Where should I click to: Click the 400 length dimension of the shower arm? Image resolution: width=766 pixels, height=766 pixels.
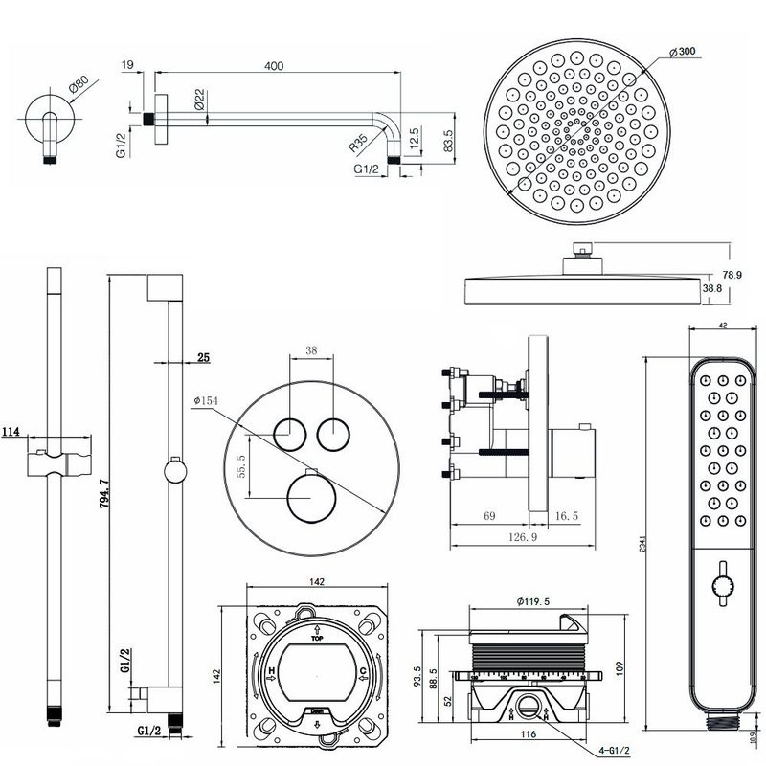click(x=275, y=66)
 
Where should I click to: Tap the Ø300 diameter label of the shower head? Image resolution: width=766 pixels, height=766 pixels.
click(x=682, y=51)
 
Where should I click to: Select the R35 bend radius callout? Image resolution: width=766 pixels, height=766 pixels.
click(x=358, y=144)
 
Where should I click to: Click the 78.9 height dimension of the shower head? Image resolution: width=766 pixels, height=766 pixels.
click(x=732, y=275)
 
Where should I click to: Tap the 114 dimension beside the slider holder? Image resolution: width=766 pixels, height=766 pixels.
click(x=11, y=433)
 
